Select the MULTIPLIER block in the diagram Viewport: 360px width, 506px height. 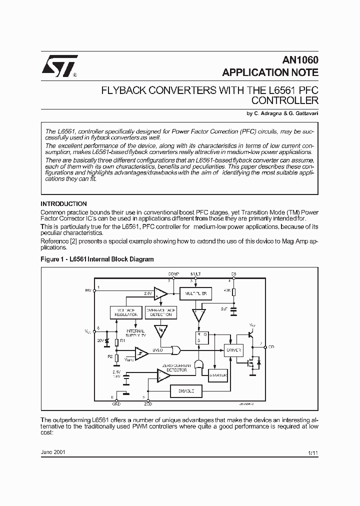click(195, 293)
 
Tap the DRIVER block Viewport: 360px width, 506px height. click(233, 350)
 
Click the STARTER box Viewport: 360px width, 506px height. click(218, 375)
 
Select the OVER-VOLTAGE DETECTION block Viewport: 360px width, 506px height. click(160, 312)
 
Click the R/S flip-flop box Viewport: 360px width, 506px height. click(201, 337)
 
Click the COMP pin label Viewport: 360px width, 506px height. click(173, 274)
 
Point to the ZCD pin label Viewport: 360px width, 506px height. click(148, 404)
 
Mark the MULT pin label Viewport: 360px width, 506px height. click(196, 274)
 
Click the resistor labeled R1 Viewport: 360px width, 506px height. click(116, 342)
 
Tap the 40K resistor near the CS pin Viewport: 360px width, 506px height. click(233, 291)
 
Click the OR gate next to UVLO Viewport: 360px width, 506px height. click(176, 350)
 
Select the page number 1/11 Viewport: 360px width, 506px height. click(313, 452)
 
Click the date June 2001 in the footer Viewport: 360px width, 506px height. click(52, 451)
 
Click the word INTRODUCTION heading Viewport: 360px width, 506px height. click(63, 204)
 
